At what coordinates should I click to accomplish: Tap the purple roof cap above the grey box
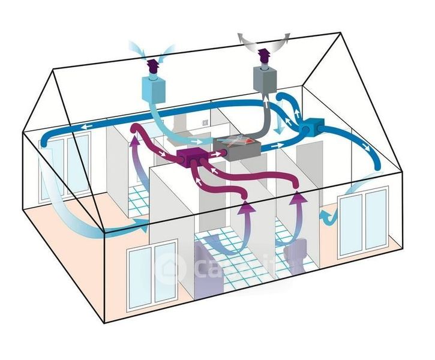click(x=262, y=56)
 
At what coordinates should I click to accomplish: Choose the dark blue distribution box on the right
click(x=313, y=127)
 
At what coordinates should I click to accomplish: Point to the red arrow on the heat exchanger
click(x=243, y=143)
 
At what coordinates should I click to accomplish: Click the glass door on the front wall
click(x=153, y=269)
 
